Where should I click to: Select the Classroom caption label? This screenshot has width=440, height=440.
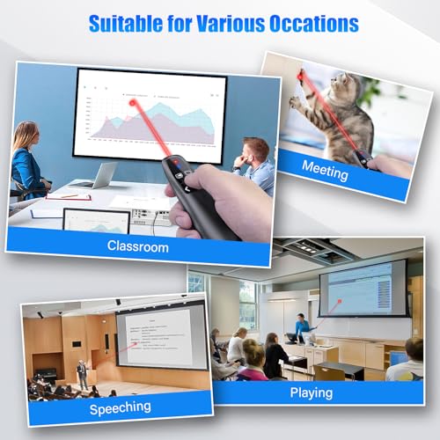tap(137, 247)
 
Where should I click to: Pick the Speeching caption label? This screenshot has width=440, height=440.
tap(120, 407)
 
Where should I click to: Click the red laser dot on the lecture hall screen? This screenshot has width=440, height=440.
tap(337, 302)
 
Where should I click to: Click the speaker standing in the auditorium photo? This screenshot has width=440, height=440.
tap(82, 372)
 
